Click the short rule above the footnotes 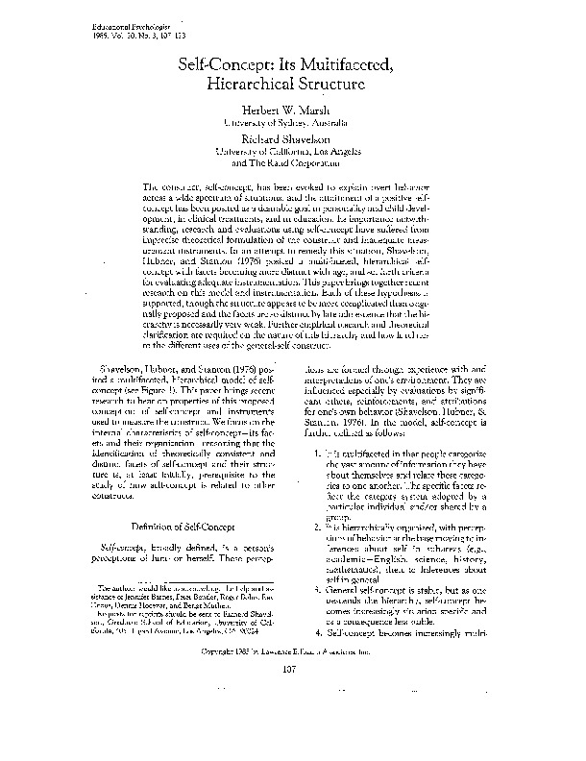tap(135, 634)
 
